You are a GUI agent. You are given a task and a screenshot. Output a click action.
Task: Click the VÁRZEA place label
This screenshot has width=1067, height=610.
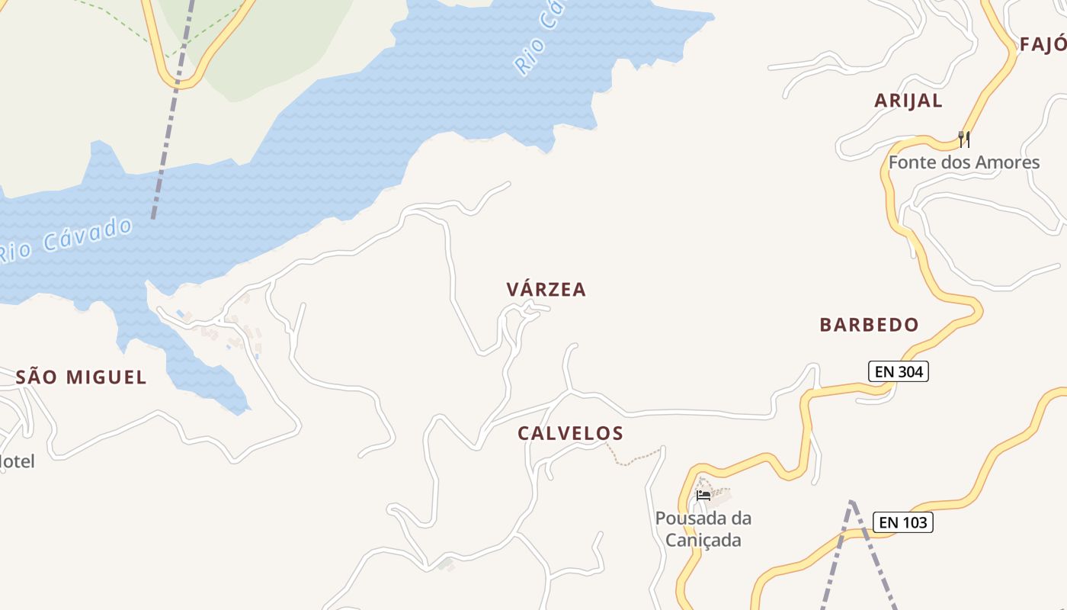[x=546, y=290]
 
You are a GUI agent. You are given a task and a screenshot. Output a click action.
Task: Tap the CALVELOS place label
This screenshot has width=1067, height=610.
[x=570, y=434]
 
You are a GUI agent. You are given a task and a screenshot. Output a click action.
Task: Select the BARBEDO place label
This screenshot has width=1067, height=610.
[x=869, y=325]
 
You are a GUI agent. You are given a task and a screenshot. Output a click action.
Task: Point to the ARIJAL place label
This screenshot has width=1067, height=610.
[x=908, y=101]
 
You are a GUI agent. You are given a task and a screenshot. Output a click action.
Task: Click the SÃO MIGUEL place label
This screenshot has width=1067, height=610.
[x=81, y=377]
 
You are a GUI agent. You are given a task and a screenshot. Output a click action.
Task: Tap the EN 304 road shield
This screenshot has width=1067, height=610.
[x=899, y=372]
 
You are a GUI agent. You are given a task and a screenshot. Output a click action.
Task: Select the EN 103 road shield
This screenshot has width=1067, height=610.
[x=903, y=522]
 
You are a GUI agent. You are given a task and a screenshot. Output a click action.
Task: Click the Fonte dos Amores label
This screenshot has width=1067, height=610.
[x=963, y=162]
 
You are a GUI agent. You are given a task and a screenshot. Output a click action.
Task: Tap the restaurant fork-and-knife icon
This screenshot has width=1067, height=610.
[x=964, y=139]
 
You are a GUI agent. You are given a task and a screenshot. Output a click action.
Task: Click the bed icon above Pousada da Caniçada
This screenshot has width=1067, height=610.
[x=703, y=496]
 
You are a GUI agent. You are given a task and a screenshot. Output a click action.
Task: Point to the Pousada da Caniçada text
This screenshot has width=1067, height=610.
[x=703, y=529]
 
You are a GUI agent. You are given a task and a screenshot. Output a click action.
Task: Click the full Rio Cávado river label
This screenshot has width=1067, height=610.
[x=67, y=239]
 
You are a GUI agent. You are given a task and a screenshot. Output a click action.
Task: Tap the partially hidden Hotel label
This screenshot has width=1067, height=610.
[x=17, y=461]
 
